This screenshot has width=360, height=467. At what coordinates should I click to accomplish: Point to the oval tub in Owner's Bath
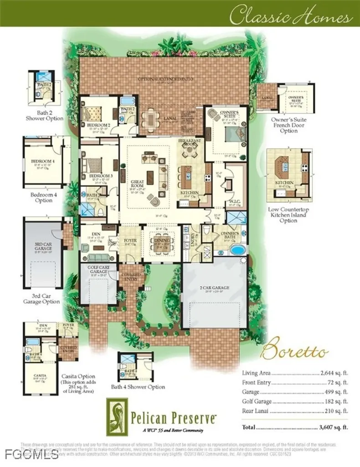[237, 250]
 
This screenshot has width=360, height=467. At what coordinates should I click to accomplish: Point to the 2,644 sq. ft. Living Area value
[334, 372]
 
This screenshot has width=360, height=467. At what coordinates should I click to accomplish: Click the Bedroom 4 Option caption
[41, 197]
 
